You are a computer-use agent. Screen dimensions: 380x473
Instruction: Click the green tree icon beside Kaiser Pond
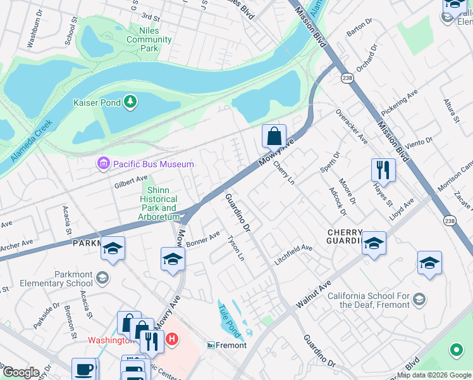point(130,101)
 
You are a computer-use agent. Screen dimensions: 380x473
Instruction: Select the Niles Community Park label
point(149,39)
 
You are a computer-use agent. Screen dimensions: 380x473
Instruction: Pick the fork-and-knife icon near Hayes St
point(383,169)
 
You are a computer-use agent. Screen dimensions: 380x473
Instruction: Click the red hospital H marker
point(170,340)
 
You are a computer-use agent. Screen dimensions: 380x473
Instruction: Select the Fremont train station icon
point(212,345)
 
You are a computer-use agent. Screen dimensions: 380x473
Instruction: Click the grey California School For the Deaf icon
point(420,299)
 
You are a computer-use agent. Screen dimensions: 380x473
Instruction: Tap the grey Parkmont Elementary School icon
point(102,277)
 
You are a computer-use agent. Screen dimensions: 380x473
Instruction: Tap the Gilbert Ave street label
point(130,182)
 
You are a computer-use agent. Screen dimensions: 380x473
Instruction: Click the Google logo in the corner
point(21,372)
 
